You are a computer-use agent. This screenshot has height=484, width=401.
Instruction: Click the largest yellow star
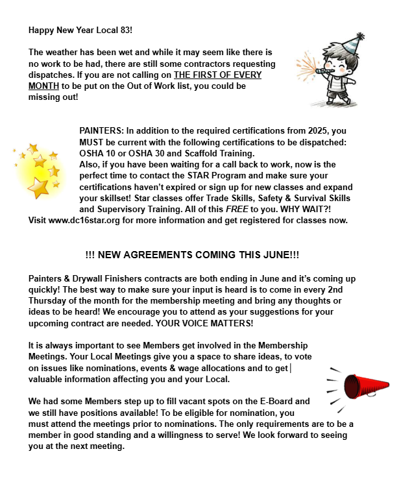pyautogui.click(x=38, y=188)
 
